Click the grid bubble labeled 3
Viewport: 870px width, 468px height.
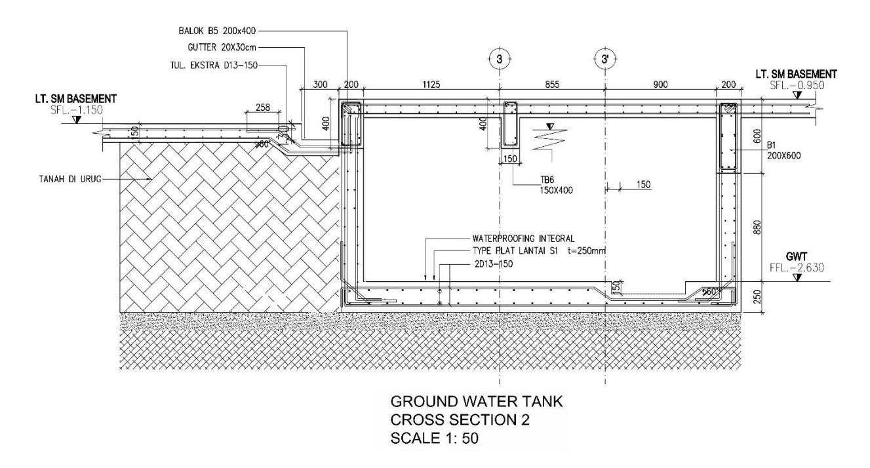click(499, 59)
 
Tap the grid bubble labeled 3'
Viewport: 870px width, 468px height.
click(605, 59)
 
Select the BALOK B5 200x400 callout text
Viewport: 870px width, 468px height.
click(217, 31)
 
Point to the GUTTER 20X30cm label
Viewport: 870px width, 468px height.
click(222, 47)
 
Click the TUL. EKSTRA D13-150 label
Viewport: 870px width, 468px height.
click(214, 65)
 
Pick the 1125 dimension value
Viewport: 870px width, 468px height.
click(431, 85)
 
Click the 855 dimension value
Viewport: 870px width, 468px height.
click(552, 85)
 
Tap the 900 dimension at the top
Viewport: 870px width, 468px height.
click(660, 85)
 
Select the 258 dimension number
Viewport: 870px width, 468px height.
click(263, 107)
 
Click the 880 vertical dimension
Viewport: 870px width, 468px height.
click(757, 227)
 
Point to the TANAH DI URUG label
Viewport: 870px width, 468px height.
click(70, 179)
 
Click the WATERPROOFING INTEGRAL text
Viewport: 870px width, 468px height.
click(523, 238)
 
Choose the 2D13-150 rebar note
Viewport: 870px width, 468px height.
click(493, 264)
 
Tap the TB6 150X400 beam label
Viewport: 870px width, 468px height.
click(556, 185)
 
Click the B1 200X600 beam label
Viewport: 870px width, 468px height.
click(783, 151)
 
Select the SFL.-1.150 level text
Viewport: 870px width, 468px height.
click(77, 110)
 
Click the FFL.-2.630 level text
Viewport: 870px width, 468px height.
click(797, 267)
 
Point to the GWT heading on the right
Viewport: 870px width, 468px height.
click(797, 257)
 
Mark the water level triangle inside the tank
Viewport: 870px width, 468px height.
click(549, 127)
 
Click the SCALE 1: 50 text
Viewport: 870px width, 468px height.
click(434, 438)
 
